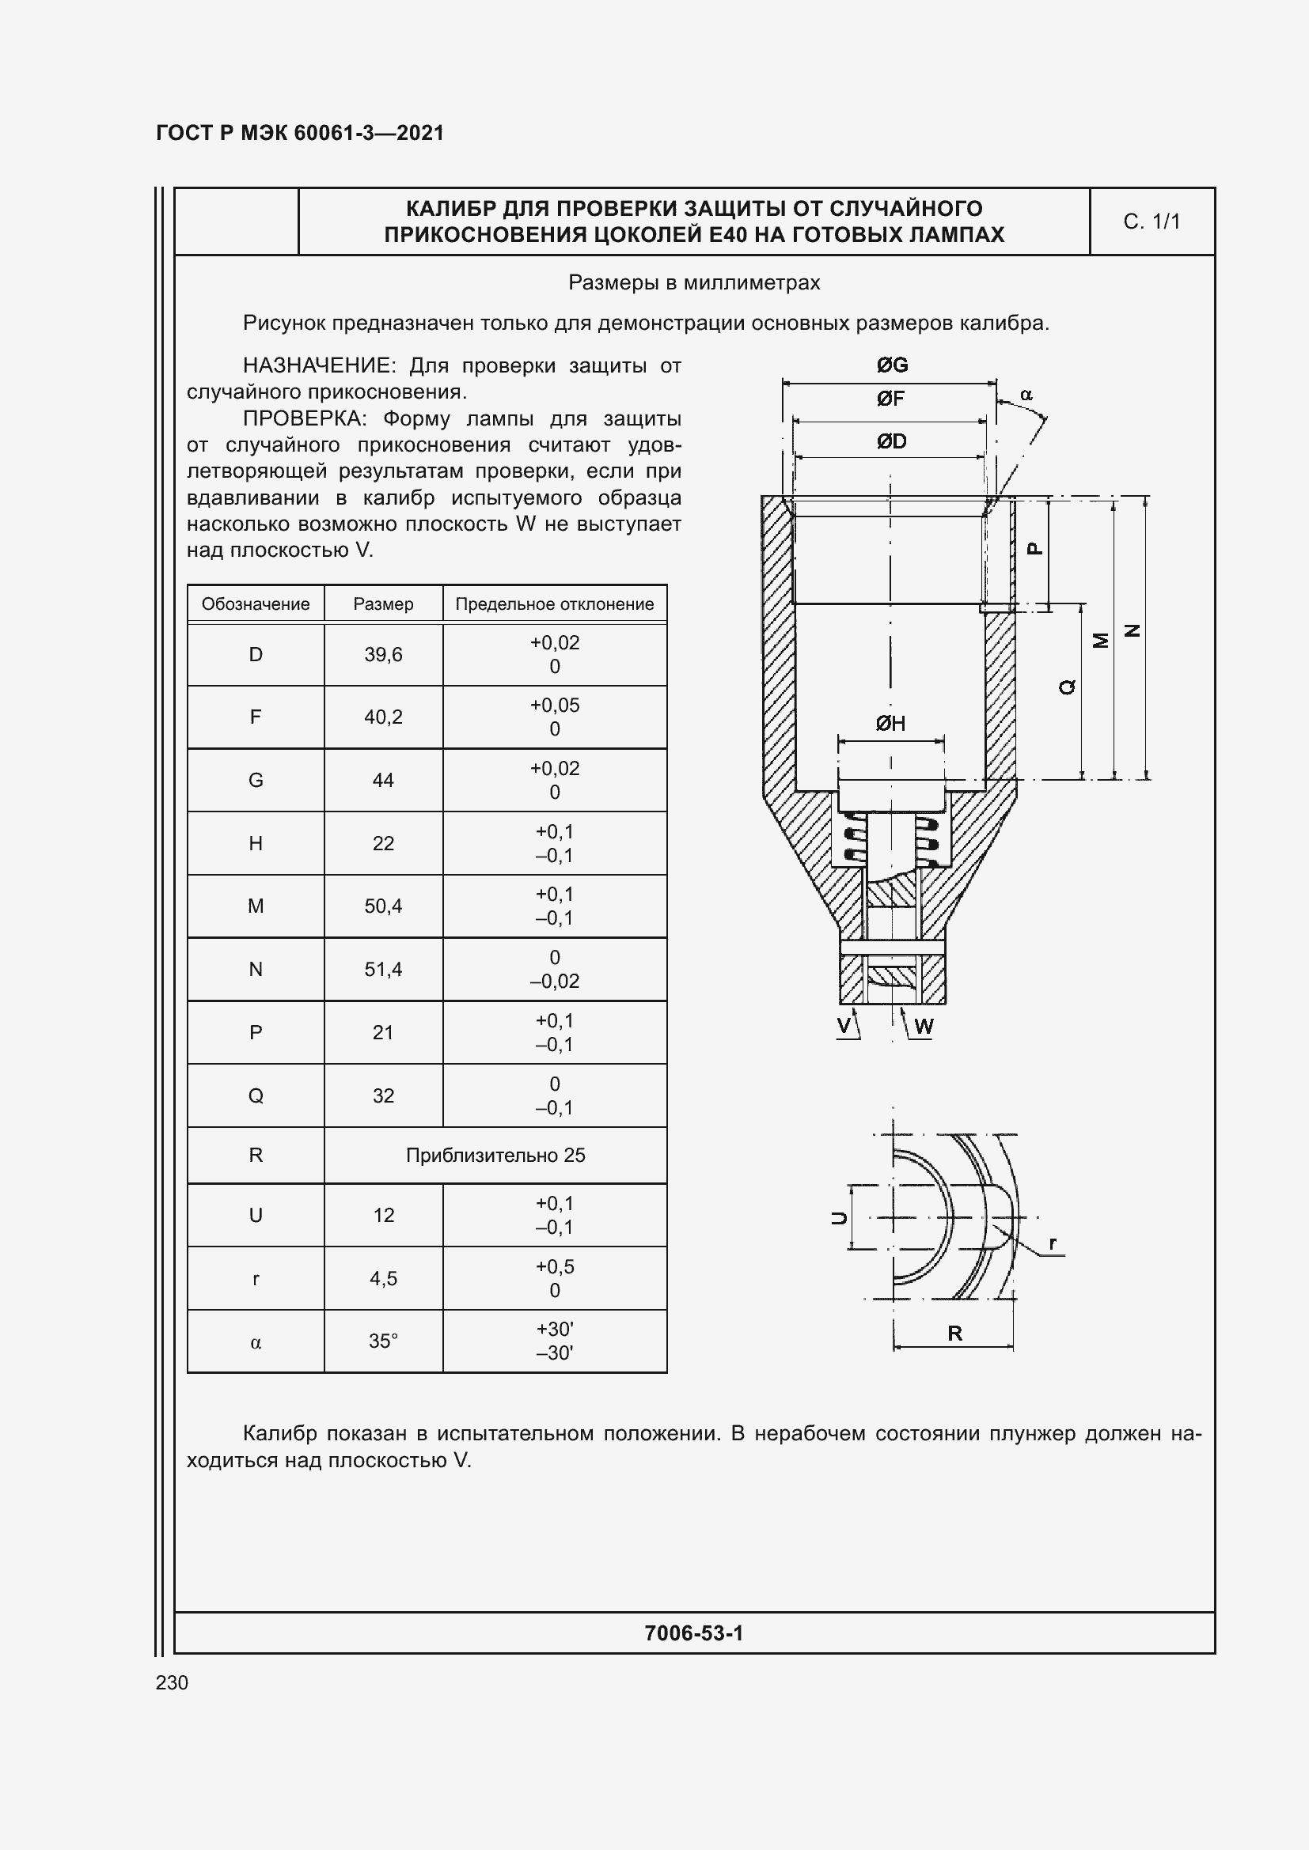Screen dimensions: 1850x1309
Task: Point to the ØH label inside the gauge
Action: [890, 723]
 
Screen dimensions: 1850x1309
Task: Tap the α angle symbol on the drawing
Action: [1026, 395]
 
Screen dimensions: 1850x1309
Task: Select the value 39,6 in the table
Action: [383, 654]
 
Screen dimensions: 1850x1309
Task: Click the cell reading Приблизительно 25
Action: [495, 1155]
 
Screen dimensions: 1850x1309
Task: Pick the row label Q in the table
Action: [256, 1095]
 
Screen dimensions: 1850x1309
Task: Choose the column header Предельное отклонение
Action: [555, 603]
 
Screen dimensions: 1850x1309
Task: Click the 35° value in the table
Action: [383, 1341]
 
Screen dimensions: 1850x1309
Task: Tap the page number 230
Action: [172, 1682]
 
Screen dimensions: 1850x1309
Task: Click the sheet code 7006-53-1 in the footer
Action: [693, 1632]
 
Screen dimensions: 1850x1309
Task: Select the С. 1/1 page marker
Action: [1151, 221]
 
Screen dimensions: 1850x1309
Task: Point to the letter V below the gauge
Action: [844, 1025]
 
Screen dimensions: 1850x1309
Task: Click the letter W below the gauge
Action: [924, 1026]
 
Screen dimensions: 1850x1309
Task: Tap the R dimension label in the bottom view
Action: [954, 1333]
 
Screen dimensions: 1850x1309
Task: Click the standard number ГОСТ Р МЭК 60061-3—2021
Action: [300, 133]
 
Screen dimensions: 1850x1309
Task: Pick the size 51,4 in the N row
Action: [383, 969]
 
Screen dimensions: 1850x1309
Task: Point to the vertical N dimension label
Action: [1133, 630]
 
